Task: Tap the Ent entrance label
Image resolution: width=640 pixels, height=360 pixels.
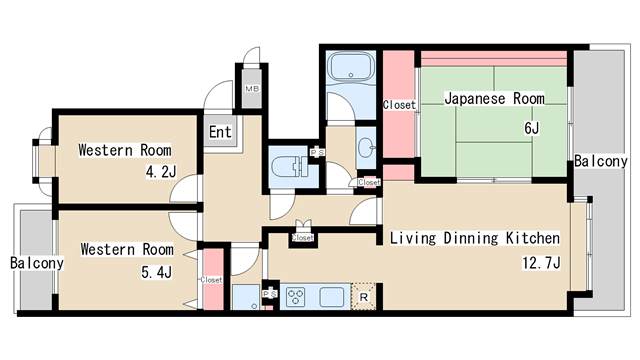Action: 221,131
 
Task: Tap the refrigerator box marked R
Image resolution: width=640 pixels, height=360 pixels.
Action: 365,296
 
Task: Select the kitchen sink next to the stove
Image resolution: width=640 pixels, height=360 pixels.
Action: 331,296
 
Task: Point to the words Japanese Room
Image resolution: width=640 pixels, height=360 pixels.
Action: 493,99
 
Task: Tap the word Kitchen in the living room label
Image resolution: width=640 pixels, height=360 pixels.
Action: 533,239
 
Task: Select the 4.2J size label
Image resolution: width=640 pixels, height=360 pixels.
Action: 160,172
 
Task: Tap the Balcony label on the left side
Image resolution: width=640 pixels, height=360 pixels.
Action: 37,264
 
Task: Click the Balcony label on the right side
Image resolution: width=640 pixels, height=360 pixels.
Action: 600,161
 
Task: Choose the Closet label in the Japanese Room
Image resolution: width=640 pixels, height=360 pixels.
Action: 399,104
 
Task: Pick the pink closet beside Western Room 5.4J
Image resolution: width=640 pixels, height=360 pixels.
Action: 211,281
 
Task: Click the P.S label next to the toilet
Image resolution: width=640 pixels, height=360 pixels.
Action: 317,152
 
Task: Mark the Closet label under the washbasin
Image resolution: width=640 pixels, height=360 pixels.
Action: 369,182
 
